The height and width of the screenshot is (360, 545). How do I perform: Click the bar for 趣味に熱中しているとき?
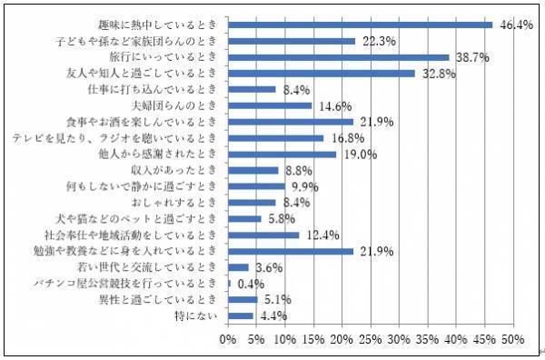(360, 25)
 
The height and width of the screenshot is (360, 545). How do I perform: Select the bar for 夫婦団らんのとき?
(269, 106)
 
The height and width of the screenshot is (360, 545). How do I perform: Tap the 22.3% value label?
(378, 41)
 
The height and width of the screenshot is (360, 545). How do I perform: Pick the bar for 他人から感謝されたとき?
(282, 155)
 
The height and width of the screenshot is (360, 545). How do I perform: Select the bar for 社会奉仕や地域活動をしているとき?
(263, 235)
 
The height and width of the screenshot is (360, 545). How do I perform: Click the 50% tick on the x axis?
(511, 339)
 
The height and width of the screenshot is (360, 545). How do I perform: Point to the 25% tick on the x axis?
(370, 339)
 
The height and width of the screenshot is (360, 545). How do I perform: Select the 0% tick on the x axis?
(229, 339)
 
